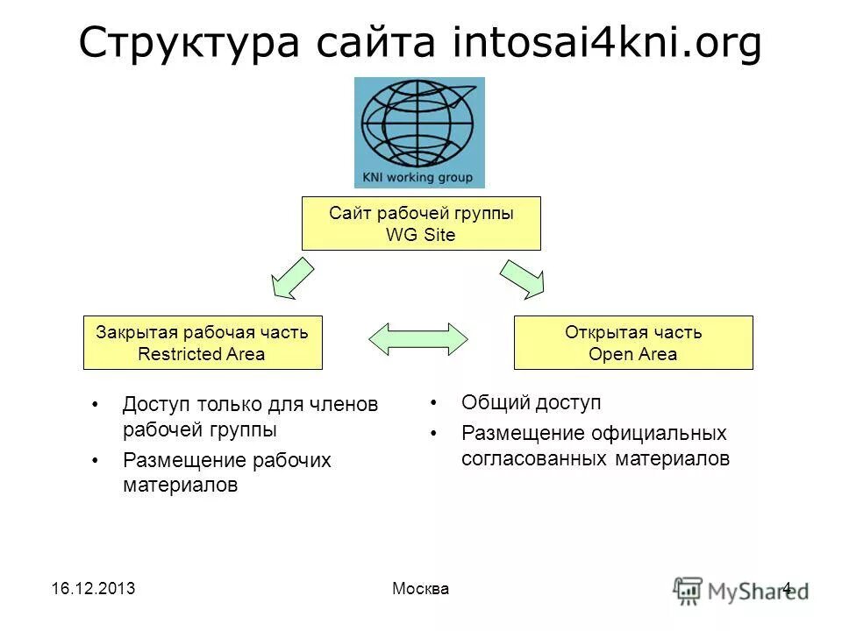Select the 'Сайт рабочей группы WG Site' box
point(421,223)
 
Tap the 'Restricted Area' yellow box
point(203,343)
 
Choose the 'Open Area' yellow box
point(632,343)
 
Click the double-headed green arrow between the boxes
point(418,338)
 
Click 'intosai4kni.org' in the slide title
point(606,44)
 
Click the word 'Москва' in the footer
point(420,589)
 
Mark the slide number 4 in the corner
point(787,588)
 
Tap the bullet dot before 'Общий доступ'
point(432,403)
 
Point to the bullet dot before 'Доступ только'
point(94,406)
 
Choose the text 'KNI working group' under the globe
point(417,178)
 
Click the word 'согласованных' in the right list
point(532,458)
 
